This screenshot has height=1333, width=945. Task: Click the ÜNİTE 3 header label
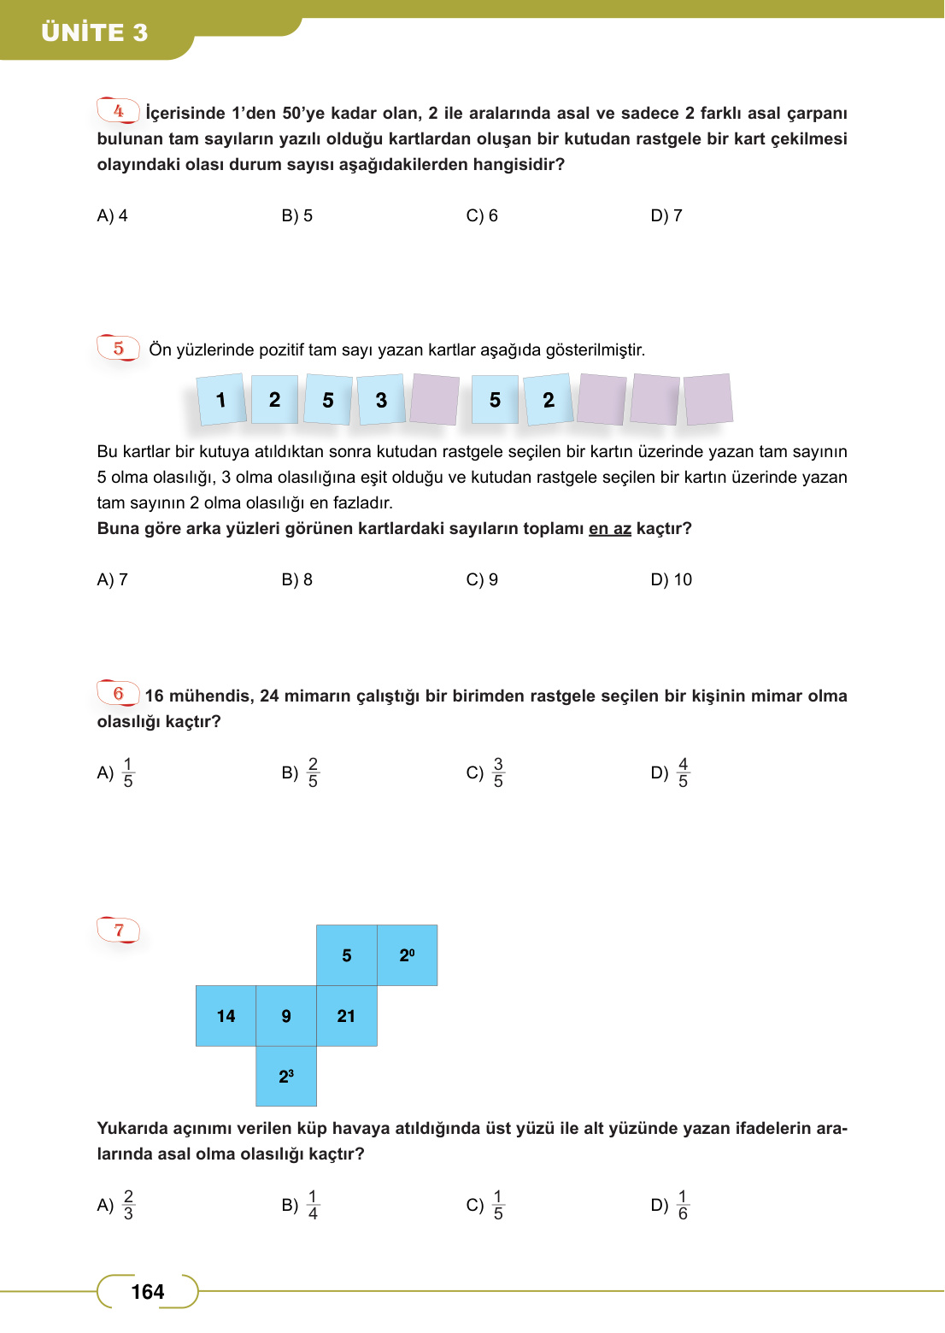[95, 32]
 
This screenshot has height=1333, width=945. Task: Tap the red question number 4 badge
[118, 111]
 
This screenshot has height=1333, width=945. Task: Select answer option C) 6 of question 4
[482, 216]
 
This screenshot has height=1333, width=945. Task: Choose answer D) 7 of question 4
[666, 216]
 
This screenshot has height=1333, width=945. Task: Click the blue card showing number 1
[221, 400]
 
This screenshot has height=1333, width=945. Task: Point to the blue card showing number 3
[381, 400]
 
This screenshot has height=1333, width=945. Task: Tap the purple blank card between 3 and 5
[434, 399]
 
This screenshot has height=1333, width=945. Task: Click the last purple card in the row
[708, 399]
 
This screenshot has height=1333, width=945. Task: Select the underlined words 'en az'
[609, 529]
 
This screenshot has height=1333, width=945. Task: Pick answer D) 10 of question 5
[672, 580]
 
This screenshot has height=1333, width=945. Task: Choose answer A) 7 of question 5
[112, 580]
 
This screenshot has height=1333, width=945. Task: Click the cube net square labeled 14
[226, 1016]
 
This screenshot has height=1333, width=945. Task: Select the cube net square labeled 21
[346, 1016]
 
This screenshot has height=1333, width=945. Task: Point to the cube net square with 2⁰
[407, 955]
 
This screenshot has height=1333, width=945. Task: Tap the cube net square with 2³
[286, 1076]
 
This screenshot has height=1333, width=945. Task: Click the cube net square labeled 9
[286, 1016]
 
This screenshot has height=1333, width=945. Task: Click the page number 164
[148, 1292]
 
